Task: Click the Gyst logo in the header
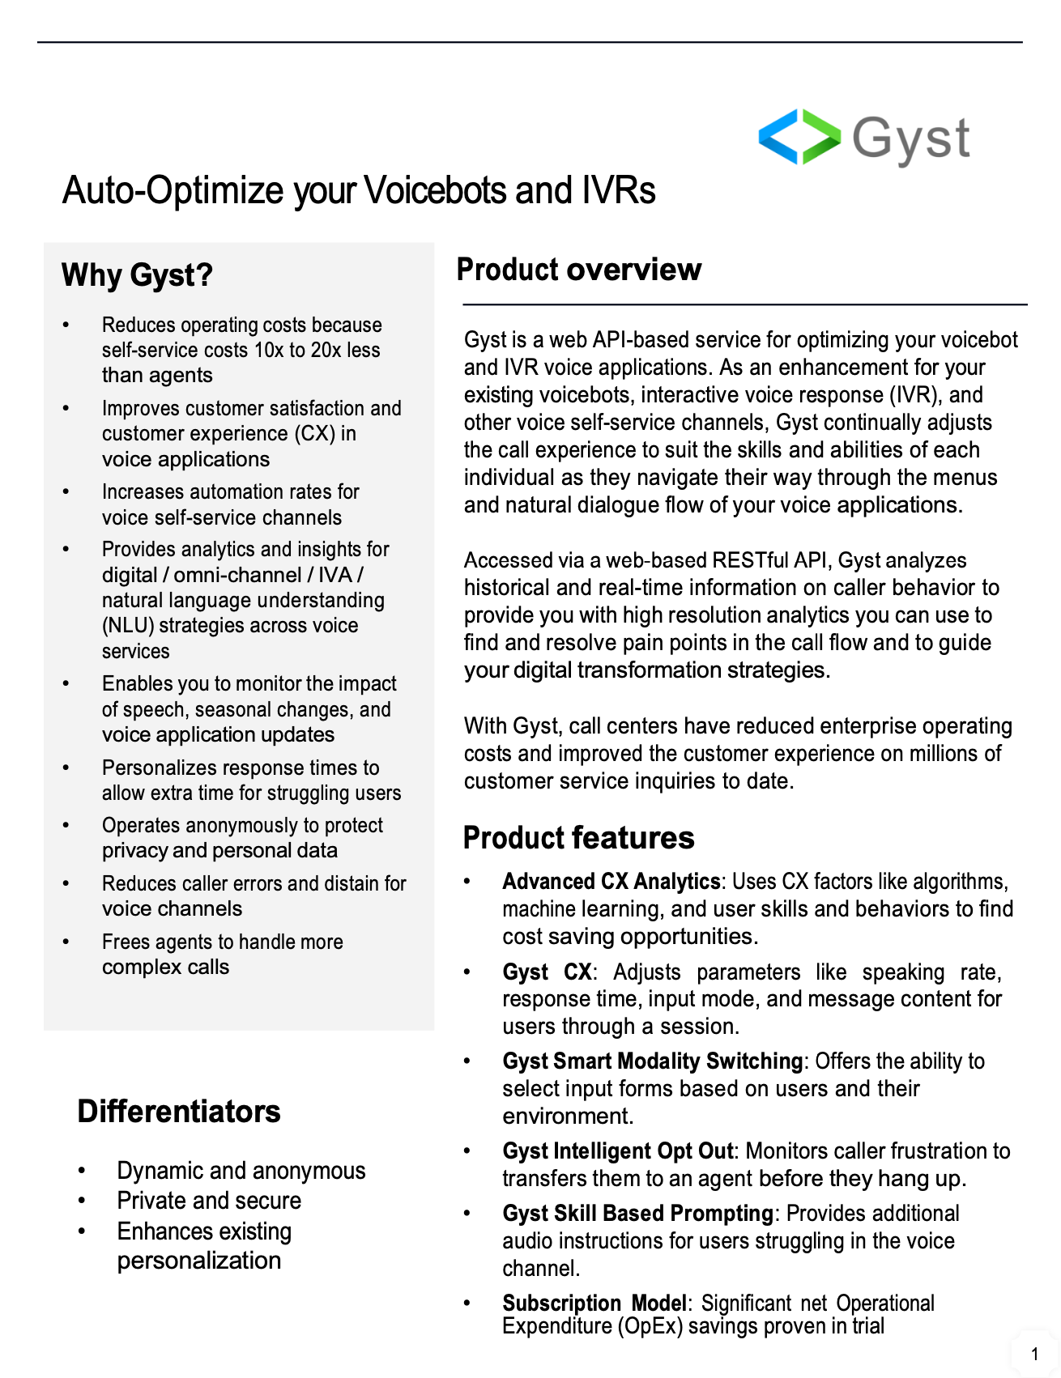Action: pyautogui.click(x=863, y=138)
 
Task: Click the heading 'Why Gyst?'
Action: pyautogui.click(x=137, y=275)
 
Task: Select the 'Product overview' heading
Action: pyautogui.click(x=578, y=270)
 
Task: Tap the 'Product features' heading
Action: pyautogui.click(x=578, y=838)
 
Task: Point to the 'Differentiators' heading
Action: pyautogui.click(x=178, y=1112)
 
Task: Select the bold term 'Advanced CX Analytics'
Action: pyautogui.click(x=611, y=882)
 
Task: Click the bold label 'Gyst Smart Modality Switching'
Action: pyautogui.click(x=652, y=1061)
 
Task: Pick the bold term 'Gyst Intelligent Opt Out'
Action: pyautogui.click(x=617, y=1151)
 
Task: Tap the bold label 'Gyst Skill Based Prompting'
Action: pyautogui.click(x=637, y=1214)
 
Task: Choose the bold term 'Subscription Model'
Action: pyautogui.click(x=594, y=1304)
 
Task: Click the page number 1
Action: pyautogui.click(x=1034, y=1354)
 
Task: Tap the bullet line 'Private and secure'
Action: pyautogui.click(x=208, y=1201)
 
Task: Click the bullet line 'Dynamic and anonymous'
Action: pyautogui.click(x=241, y=1171)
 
